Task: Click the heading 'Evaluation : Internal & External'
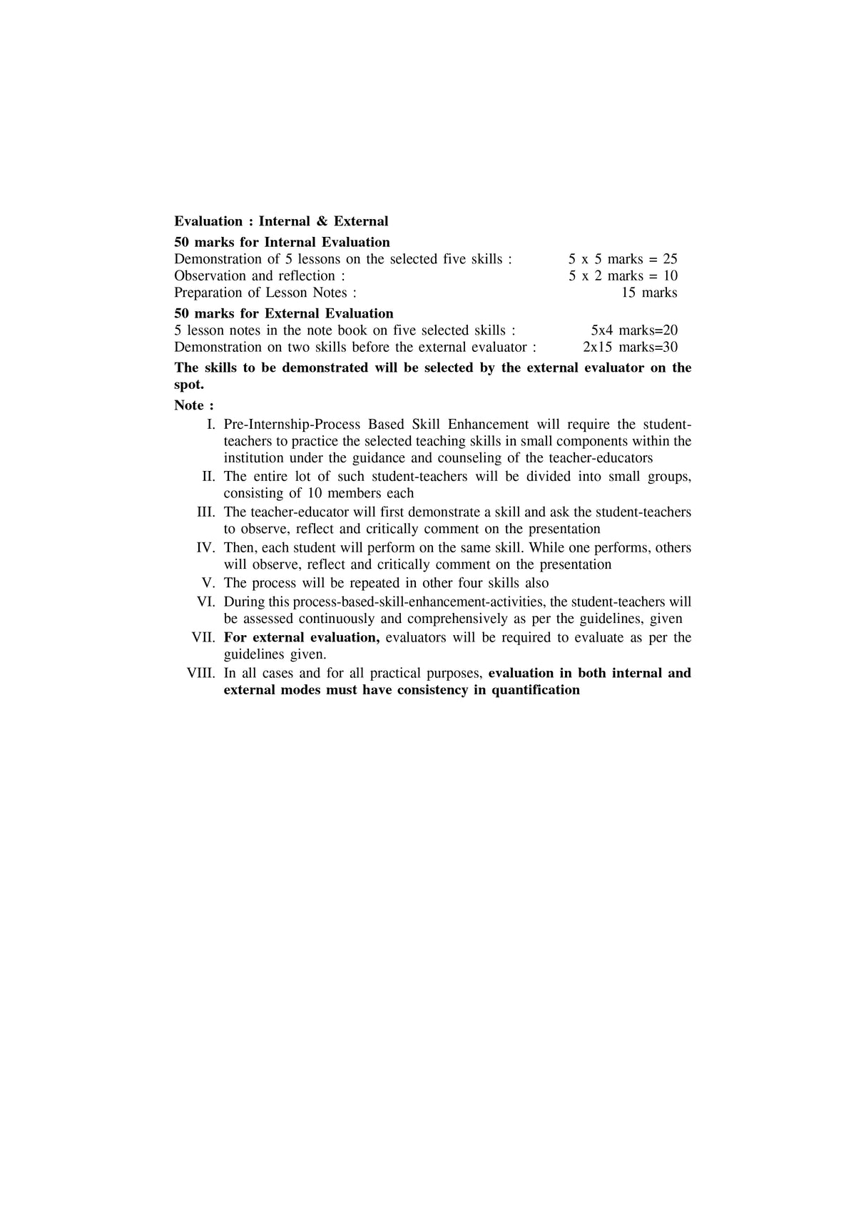(281, 221)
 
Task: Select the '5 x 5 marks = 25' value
(623, 259)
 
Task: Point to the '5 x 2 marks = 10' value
(623, 276)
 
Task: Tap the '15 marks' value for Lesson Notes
(649, 293)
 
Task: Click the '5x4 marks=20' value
(634, 330)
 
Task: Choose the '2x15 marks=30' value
(630, 348)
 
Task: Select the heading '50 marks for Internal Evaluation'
(282, 242)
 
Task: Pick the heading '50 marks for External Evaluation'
(283, 313)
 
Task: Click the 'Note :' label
(193, 405)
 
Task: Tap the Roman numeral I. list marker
(211, 425)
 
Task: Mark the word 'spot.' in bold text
(189, 385)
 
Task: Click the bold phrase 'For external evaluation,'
(301, 637)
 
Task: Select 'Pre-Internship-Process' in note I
(292, 425)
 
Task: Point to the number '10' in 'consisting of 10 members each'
(315, 493)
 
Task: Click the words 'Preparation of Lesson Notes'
(260, 293)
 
